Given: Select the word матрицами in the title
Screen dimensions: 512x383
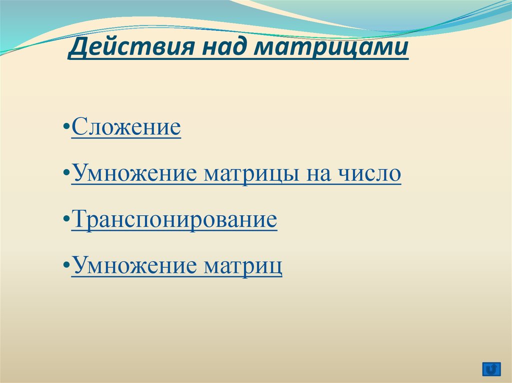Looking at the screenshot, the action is click(x=331, y=48).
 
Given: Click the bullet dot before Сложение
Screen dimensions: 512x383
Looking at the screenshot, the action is click(x=66, y=126).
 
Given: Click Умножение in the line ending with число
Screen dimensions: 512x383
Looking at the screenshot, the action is click(x=134, y=173).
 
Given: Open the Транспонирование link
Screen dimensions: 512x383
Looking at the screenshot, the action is click(x=174, y=219).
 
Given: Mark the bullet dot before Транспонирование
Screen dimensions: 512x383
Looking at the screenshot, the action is click(x=66, y=218).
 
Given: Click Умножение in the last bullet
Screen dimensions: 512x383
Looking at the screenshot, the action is click(x=134, y=265).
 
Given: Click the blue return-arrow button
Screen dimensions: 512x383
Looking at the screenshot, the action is click(x=491, y=369).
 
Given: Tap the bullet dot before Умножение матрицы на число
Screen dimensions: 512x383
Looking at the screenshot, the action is click(x=66, y=172).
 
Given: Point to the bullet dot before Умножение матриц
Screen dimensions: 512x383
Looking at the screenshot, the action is click(x=66, y=265).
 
